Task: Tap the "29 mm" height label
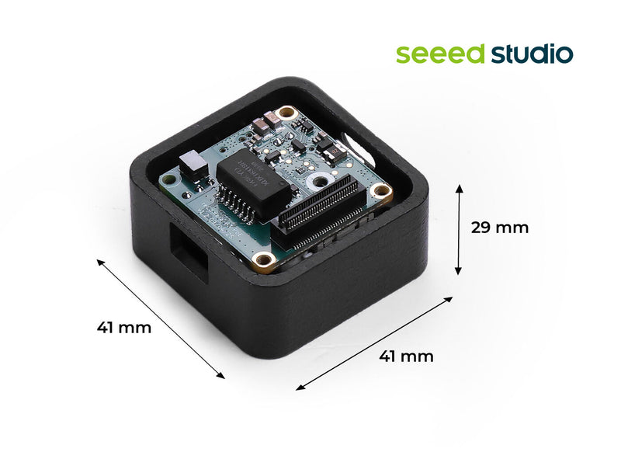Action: (500, 228)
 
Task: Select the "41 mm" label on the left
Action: (124, 327)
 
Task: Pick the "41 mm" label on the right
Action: (406, 356)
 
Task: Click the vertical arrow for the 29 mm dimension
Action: (459, 229)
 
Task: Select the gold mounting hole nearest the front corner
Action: (264, 259)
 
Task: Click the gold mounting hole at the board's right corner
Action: (380, 191)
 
